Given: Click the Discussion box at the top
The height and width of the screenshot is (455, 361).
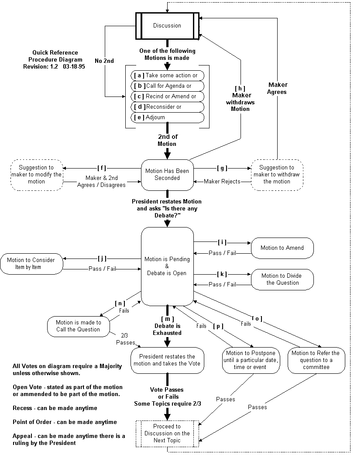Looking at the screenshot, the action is click(x=167, y=25).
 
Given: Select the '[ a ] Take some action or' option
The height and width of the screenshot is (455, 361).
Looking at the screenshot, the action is click(x=168, y=76).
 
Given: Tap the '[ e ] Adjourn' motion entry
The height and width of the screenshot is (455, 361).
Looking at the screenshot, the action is click(x=168, y=117).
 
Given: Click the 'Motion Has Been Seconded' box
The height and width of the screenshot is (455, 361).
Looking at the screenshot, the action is click(x=167, y=175).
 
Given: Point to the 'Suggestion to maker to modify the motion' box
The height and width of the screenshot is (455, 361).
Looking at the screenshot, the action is click(x=37, y=175).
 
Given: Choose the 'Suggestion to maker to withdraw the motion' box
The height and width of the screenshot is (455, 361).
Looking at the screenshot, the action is click(x=277, y=175).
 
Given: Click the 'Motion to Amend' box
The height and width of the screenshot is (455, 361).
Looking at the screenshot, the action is click(x=282, y=248).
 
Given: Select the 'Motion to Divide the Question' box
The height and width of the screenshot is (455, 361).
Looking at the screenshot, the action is click(x=282, y=279).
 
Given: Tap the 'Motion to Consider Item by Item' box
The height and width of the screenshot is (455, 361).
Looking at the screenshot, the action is click(x=31, y=263).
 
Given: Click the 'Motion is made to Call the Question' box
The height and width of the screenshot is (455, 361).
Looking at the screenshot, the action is click(x=78, y=326).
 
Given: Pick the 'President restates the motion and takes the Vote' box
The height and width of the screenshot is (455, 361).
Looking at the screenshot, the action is click(x=167, y=360).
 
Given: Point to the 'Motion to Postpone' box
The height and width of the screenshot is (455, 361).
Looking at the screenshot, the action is click(x=251, y=360).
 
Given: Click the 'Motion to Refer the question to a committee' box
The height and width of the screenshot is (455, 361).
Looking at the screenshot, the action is click(x=316, y=360).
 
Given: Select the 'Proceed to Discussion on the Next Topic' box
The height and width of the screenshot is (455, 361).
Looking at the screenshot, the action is click(x=167, y=434).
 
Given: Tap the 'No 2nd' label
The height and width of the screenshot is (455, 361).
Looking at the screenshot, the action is click(x=104, y=61).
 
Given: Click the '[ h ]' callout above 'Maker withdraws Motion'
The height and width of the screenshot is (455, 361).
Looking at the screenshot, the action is click(x=240, y=89).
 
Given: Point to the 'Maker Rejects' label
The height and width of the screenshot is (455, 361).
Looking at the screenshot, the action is click(x=222, y=182).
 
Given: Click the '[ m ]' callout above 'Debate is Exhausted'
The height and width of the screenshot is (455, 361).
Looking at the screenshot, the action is click(x=168, y=319).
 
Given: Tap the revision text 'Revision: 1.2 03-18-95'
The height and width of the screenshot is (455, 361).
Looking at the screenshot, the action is click(x=54, y=66).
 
